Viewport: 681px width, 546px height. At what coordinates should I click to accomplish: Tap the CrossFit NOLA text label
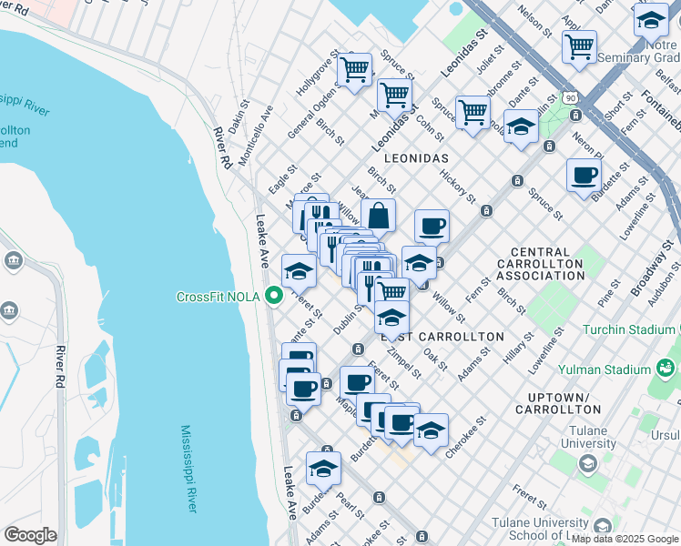click(219, 297)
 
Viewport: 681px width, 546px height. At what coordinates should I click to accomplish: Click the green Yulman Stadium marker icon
click(666, 368)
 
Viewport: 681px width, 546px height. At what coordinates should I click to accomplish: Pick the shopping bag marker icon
click(378, 217)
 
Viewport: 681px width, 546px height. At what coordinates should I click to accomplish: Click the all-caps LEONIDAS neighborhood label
click(417, 157)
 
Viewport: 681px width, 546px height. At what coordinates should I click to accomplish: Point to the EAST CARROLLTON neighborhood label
click(448, 337)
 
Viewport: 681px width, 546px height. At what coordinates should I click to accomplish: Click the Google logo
click(31, 535)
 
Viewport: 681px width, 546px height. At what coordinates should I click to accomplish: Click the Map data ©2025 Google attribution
click(625, 539)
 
